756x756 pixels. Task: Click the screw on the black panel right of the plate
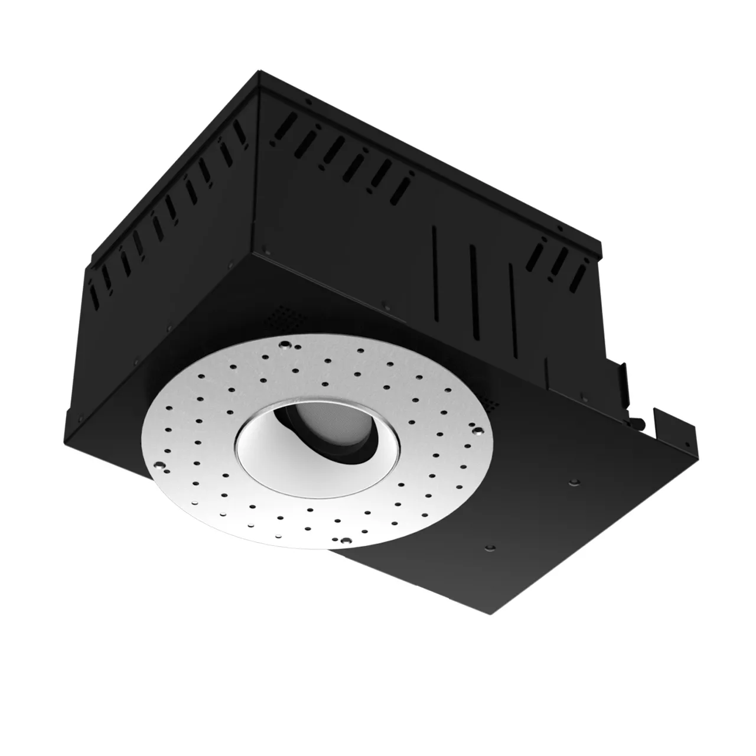(572, 483)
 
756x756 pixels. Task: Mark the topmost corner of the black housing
(262, 71)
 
